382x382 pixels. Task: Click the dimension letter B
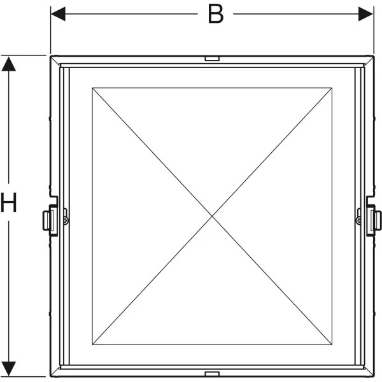[216, 14]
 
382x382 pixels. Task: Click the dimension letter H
[8, 202]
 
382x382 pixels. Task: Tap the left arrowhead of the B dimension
[58, 14]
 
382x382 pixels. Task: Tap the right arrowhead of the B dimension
[365, 14]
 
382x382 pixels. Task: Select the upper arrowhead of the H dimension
[9, 64]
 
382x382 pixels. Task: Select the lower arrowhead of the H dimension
[9, 369]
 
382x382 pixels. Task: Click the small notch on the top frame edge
[212, 59]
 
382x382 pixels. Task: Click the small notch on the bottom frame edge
[212, 374]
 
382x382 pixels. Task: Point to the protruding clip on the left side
[48, 220]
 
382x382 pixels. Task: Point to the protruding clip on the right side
[376, 220]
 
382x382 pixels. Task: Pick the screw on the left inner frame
[66, 220]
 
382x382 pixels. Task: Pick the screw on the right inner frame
[358, 220]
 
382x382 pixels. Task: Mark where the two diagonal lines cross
[212, 216]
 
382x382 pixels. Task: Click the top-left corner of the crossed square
[92, 88]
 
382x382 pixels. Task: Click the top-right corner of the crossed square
[332, 88]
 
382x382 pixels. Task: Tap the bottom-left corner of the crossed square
[92, 344]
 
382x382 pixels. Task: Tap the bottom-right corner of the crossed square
[332, 344]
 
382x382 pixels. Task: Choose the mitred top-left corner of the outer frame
[55, 60]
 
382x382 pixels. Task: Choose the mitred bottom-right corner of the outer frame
[369, 372]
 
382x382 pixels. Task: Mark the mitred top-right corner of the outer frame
[369, 60]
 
